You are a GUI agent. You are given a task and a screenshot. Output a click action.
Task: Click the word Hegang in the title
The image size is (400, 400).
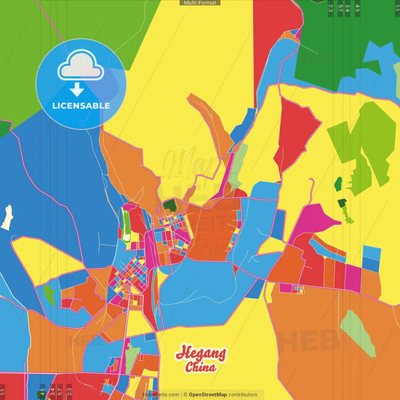tap(200, 353)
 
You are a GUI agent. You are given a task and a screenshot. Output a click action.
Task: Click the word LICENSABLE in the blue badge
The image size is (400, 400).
tap(80, 106)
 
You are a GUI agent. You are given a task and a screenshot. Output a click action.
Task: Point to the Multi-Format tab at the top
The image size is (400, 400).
tap(200, 3)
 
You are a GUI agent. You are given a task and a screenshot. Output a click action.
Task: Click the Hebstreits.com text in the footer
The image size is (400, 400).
tap(161, 394)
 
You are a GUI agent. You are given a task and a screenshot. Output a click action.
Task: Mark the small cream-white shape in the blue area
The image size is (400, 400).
tap(7, 217)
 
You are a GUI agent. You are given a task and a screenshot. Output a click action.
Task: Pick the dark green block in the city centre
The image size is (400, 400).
tap(170, 205)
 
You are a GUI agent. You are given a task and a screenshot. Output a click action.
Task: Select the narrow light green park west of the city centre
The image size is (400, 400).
tap(125, 222)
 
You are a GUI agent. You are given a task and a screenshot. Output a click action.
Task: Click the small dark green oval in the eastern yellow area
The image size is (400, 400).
tap(338, 182)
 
